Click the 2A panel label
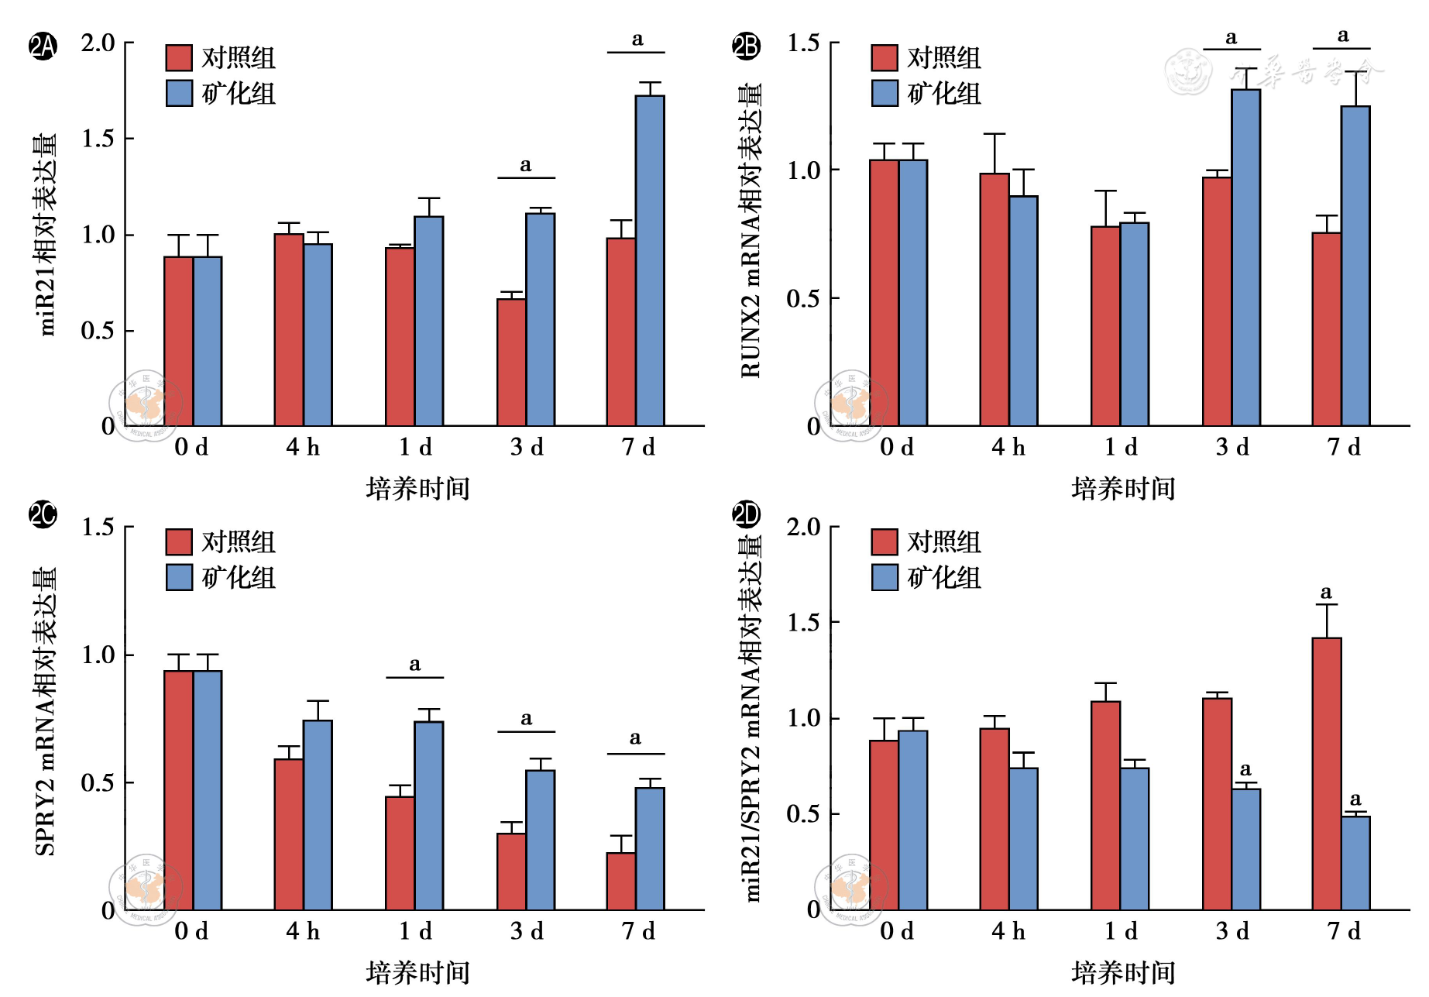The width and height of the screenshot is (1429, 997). (43, 46)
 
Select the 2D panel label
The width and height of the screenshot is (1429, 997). (747, 514)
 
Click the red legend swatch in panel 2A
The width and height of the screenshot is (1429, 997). (179, 58)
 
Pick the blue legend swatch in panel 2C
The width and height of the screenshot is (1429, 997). (179, 577)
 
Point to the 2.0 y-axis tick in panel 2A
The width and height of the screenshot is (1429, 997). (98, 43)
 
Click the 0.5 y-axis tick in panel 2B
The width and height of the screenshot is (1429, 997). (803, 298)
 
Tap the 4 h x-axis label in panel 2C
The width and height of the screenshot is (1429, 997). (303, 931)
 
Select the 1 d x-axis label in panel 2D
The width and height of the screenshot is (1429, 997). (1121, 931)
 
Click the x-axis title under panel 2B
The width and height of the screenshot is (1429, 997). (1123, 489)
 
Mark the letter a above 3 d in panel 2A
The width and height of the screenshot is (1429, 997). (526, 165)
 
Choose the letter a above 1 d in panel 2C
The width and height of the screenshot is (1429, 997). (415, 665)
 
